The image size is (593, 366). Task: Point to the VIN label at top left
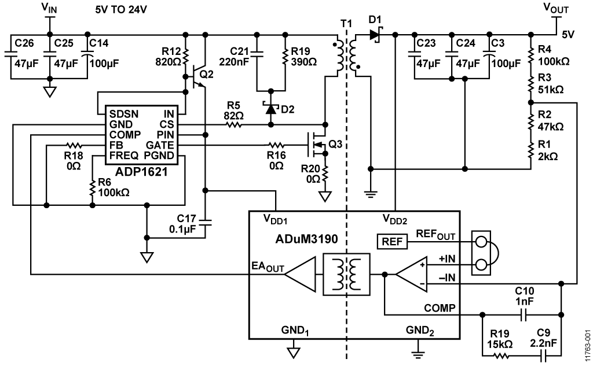coord(50,8)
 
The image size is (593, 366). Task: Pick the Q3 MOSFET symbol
coord(317,145)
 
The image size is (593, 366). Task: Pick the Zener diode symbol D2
coord(269,107)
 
